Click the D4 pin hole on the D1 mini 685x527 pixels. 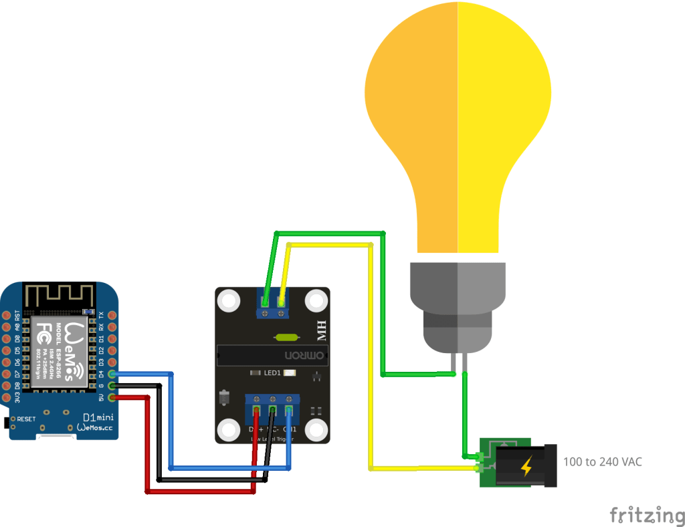click(112, 374)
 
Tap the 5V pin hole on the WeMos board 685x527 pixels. click(112, 397)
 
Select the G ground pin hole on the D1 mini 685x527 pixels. click(112, 386)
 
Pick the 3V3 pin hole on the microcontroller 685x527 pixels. click(7, 397)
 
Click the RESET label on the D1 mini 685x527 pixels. click(26, 419)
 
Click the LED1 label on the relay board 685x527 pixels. click(272, 373)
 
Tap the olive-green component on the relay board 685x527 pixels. click(279, 338)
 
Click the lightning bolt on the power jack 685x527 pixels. click(526, 465)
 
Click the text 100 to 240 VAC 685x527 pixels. click(603, 461)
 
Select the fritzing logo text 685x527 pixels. click(642, 514)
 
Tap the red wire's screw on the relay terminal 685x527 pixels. click(257, 409)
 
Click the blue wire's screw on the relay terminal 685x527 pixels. click(289, 409)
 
